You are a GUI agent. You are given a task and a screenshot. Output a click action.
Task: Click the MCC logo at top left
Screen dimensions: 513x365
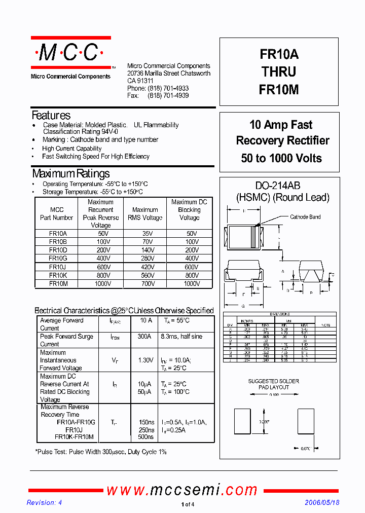(x=70, y=53)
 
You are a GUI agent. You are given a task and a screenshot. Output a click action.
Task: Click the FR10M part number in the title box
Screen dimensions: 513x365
(x=279, y=90)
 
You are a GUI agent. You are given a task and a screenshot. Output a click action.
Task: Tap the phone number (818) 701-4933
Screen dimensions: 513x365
(x=168, y=88)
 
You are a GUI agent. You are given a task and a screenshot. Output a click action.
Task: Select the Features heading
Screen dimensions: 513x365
(x=51, y=116)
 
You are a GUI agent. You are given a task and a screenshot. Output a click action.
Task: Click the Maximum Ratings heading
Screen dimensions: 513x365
(x=70, y=173)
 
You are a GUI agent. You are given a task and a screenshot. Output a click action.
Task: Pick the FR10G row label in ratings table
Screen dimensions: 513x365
(x=58, y=258)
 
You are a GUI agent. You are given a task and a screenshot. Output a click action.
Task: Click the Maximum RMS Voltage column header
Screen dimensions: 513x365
(x=145, y=213)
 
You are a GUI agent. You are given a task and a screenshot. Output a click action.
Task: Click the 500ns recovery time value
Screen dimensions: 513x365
(x=146, y=437)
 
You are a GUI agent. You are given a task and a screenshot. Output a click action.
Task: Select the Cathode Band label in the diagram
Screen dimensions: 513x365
(x=305, y=217)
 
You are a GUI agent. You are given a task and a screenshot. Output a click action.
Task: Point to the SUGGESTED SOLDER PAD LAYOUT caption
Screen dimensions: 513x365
(x=273, y=384)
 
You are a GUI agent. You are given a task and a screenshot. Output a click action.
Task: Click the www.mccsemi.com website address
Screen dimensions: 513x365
(x=182, y=490)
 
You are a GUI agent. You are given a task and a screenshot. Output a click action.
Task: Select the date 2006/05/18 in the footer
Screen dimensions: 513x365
(x=322, y=502)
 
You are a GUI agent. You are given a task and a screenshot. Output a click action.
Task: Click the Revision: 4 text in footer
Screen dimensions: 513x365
(x=44, y=502)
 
